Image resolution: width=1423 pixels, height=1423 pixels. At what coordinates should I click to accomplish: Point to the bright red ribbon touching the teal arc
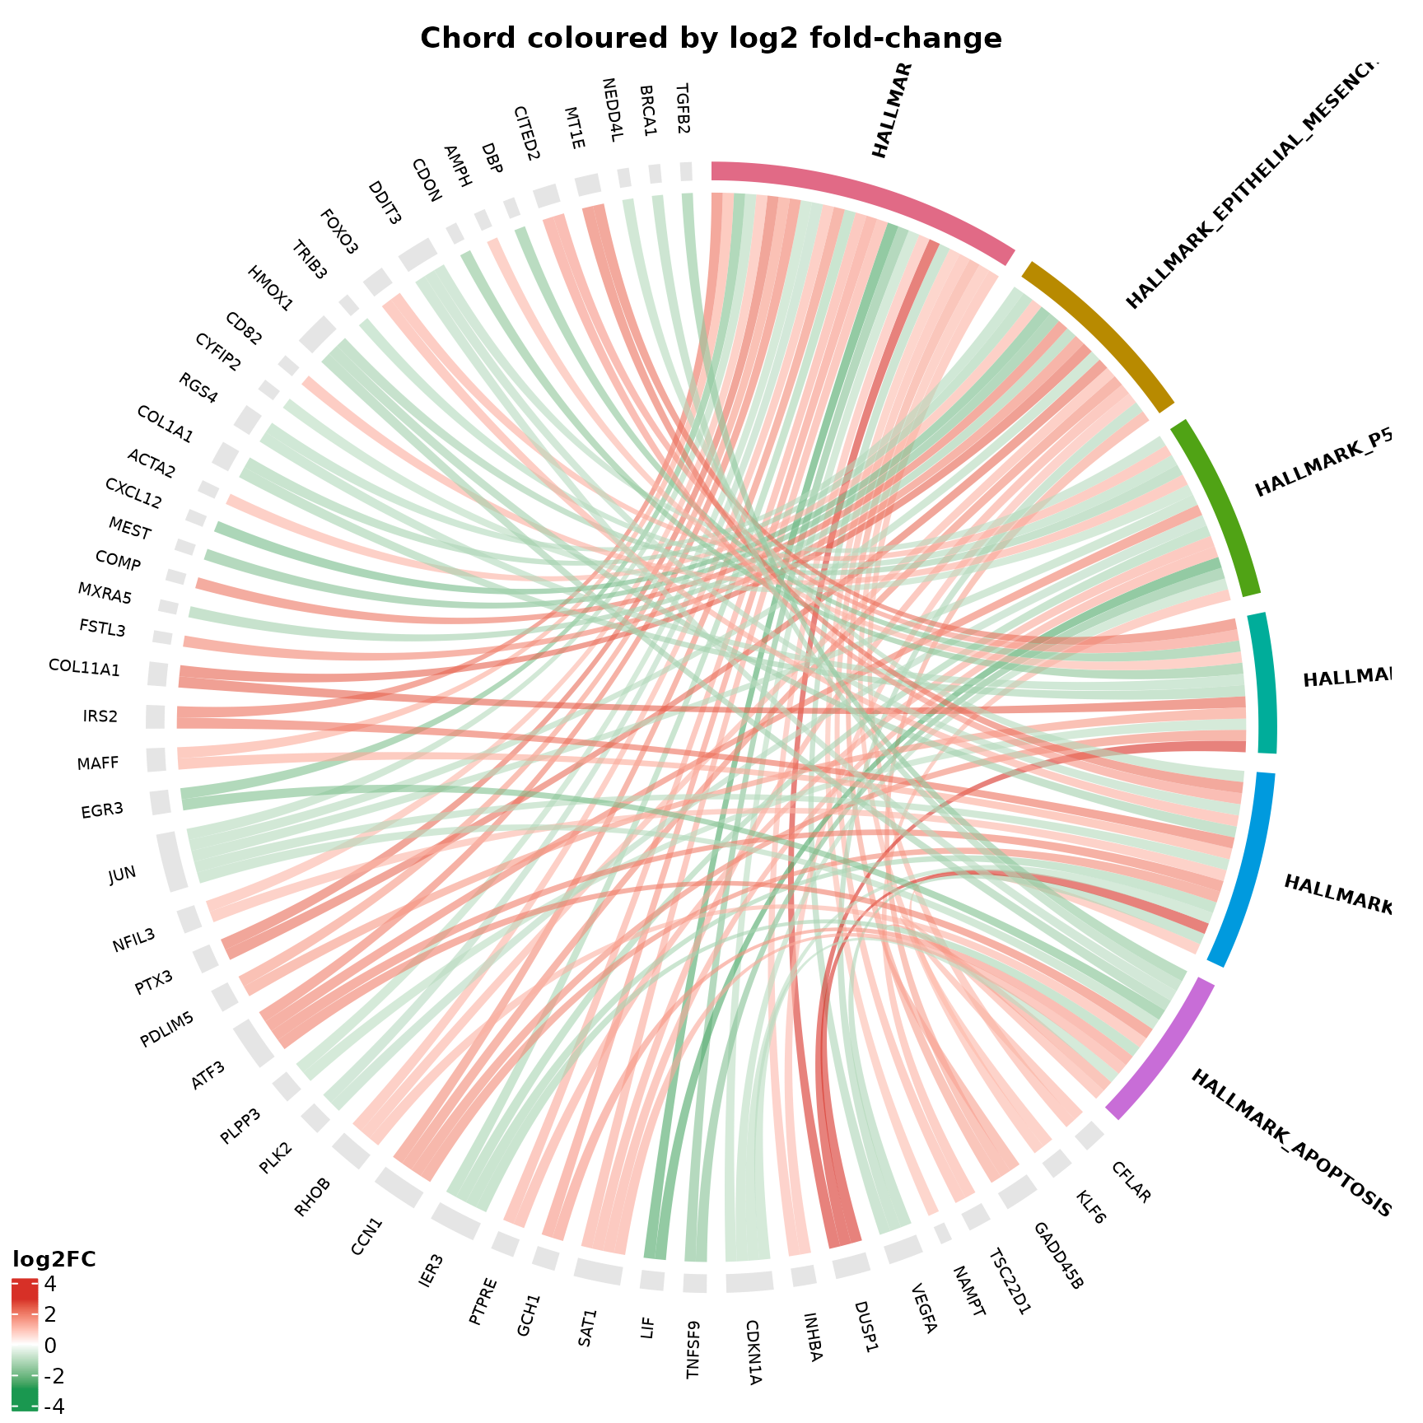point(1227,747)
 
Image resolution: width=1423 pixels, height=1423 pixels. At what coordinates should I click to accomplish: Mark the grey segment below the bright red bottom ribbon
point(851,1265)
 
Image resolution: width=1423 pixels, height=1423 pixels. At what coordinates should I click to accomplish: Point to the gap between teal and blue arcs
point(1265,763)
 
